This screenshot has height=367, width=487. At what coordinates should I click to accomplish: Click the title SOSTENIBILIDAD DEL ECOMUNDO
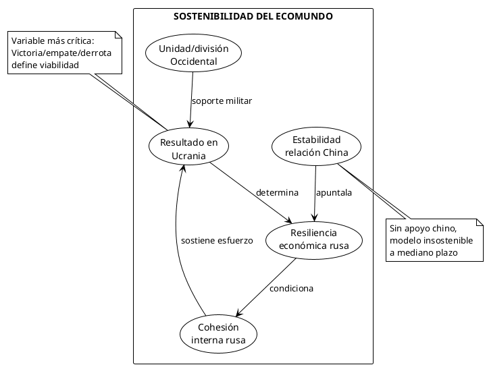(253, 16)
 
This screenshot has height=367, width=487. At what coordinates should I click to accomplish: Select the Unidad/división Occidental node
(193, 55)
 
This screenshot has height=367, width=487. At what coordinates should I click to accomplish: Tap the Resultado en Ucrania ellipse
(189, 148)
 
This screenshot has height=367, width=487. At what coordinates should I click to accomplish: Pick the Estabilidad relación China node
(316, 146)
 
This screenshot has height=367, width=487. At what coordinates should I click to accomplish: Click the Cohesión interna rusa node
(218, 333)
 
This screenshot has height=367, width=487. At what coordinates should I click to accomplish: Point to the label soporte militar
(222, 101)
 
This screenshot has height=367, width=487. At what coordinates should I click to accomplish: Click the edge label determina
(277, 192)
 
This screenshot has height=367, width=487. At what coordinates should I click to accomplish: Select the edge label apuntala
(334, 192)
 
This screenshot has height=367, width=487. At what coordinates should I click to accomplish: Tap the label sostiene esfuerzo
(217, 240)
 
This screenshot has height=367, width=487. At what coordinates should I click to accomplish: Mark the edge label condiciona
(291, 288)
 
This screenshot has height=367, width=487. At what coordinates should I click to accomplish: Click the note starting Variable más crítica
(63, 53)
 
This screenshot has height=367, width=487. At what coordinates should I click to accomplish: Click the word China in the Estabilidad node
(336, 153)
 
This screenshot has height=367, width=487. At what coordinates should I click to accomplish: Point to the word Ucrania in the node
(189, 156)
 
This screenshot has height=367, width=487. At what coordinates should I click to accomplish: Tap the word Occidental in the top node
(193, 62)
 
